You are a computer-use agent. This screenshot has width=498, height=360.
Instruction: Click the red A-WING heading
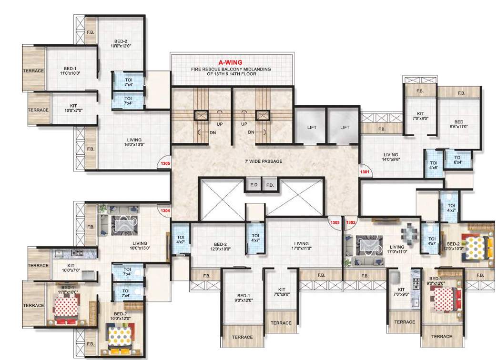click(x=231, y=62)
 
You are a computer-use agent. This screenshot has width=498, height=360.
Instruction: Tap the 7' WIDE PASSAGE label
click(x=262, y=161)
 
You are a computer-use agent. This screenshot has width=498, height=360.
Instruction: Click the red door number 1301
click(x=365, y=171)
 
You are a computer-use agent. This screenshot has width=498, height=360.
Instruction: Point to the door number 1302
click(x=351, y=222)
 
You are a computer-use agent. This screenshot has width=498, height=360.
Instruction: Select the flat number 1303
click(x=335, y=222)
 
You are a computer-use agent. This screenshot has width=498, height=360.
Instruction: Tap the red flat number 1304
click(x=165, y=210)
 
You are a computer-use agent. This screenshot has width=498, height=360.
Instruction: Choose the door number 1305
click(x=165, y=165)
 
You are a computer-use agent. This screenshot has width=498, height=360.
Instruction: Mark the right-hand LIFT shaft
click(x=345, y=127)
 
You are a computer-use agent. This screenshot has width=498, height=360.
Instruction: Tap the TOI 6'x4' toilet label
click(x=457, y=160)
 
